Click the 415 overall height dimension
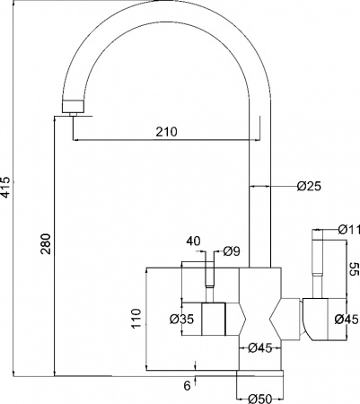tap(6, 188)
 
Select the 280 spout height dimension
tap(47, 243)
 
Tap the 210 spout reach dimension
tap(166, 132)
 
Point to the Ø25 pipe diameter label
tap(309, 187)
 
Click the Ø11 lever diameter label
tap(348, 230)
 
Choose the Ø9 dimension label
tap(232, 251)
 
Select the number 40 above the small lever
tap(194, 242)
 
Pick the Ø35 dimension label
tap(181, 320)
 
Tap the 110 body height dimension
tap(136, 319)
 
